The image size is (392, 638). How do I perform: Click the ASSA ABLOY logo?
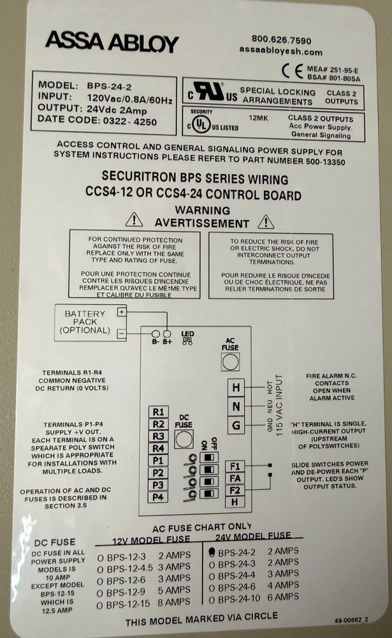pyautogui.click(x=112, y=42)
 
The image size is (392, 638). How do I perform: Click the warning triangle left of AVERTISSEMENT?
pyautogui.click(x=134, y=220)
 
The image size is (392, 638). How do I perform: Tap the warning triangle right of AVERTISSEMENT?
pyautogui.click(x=266, y=221)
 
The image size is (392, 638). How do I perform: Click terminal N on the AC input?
pyautogui.click(x=236, y=406)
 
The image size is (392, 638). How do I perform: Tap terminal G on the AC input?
pyautogui.click(x=236, y=425)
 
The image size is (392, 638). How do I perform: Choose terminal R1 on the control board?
pyautogui.click(x=159, y=412)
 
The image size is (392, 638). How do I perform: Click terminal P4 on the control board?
pyautogui.click(x=159, y=497)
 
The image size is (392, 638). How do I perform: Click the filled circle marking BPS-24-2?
pyautogui.click(x=211, y=551)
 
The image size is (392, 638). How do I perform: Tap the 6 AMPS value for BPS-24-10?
pyautogui.click(x=282, y=597)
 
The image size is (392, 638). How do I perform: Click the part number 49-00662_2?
pyautogui.click(x=351, y=619)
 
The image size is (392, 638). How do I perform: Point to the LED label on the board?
pyautogui.click(x=187, y=334)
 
